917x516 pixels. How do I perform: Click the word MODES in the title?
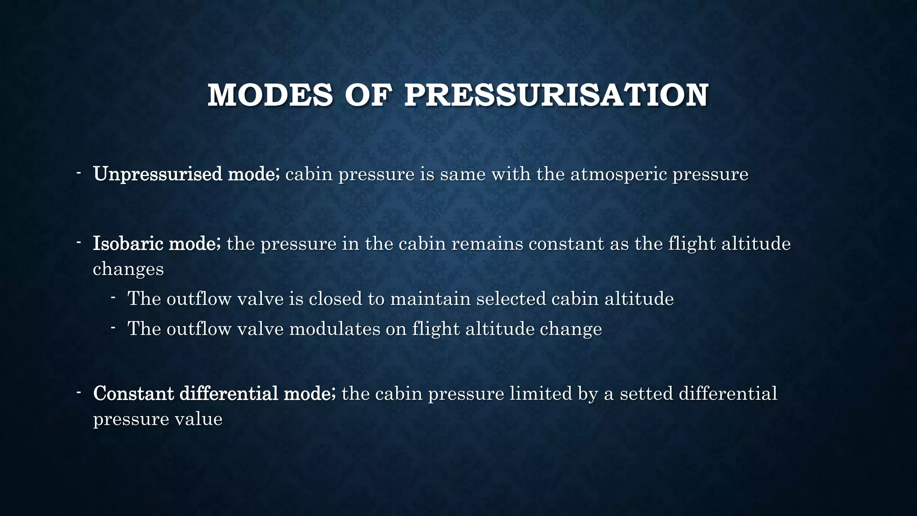click(x=270, y=95)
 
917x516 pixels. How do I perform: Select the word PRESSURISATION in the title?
click(x=556, y=95)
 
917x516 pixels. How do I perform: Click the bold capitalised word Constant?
click(x=133, y=394)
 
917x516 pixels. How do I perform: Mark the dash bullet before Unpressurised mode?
click(x=78, y=172)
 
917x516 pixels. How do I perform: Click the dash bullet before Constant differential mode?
click(x=78, y=392)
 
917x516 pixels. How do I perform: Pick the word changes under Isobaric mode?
click(x=128, y=269)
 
